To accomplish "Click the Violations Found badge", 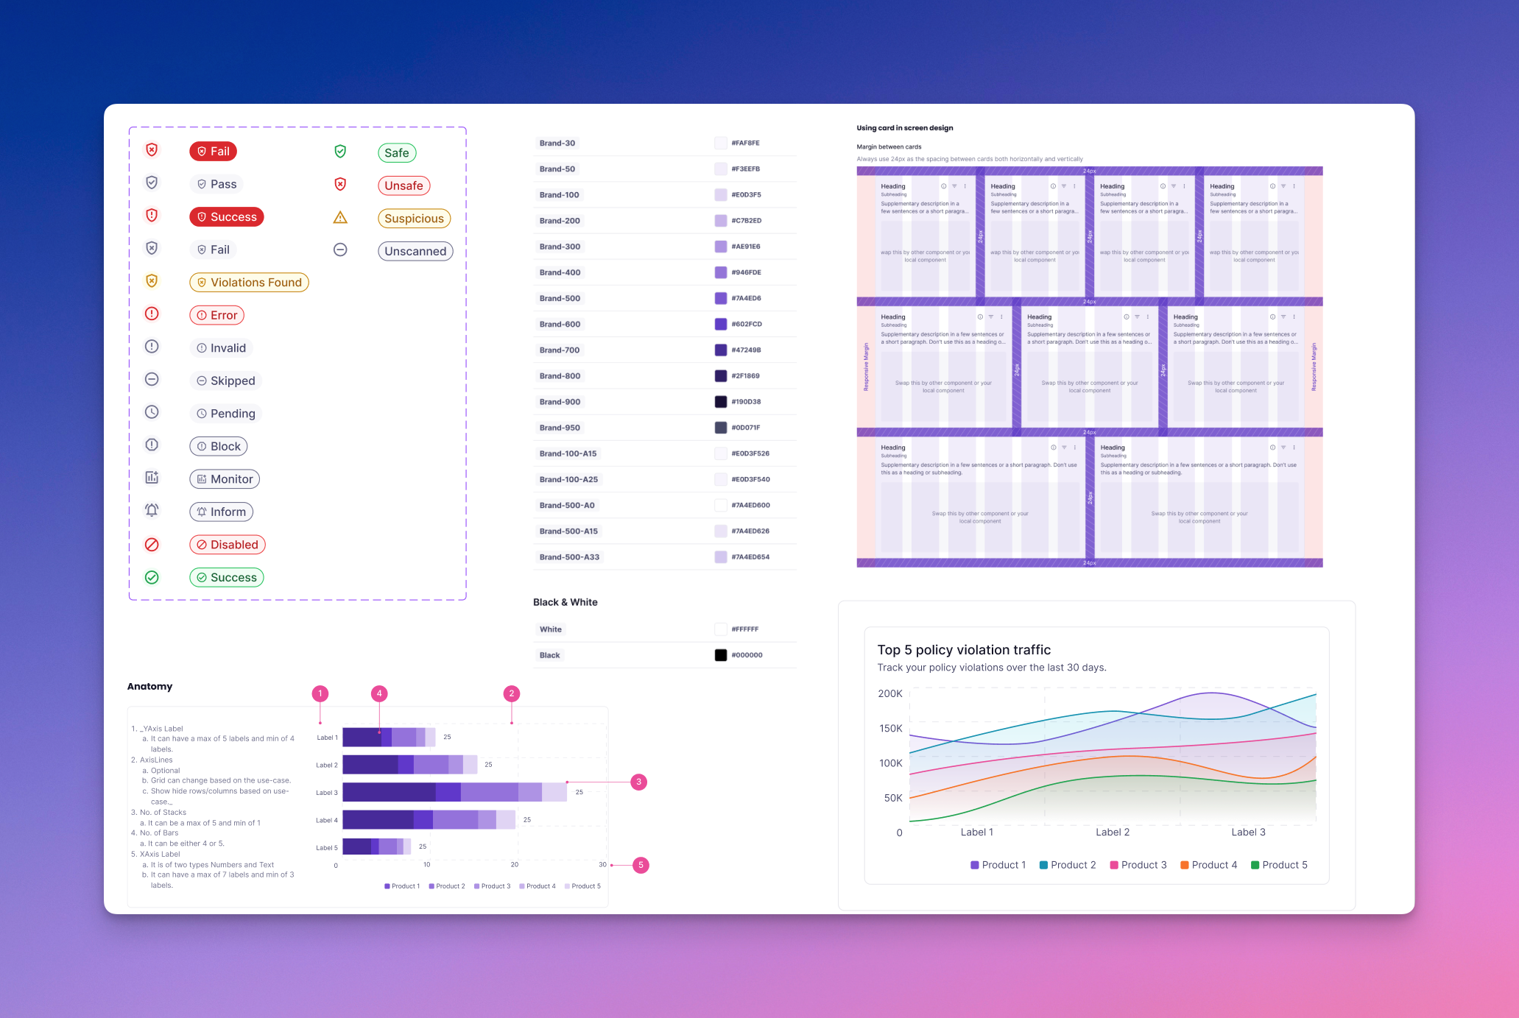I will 249,282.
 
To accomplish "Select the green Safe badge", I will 396,152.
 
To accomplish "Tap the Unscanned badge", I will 415,251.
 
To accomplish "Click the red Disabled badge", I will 227,545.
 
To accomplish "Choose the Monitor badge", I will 225,479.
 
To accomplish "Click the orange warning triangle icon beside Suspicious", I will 340,218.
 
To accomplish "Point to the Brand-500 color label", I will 560,298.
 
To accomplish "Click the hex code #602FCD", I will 747,324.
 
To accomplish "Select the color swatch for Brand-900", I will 721,402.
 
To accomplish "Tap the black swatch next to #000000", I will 721,655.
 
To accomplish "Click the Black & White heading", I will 565,602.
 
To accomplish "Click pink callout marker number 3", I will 639,782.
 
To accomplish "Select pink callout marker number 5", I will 641,865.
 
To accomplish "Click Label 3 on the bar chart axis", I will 326,793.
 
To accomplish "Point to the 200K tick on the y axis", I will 889,693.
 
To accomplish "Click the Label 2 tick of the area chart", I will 1112,832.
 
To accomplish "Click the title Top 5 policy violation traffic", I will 964,649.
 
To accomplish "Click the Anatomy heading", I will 149,686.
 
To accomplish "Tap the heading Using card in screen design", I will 904,128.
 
